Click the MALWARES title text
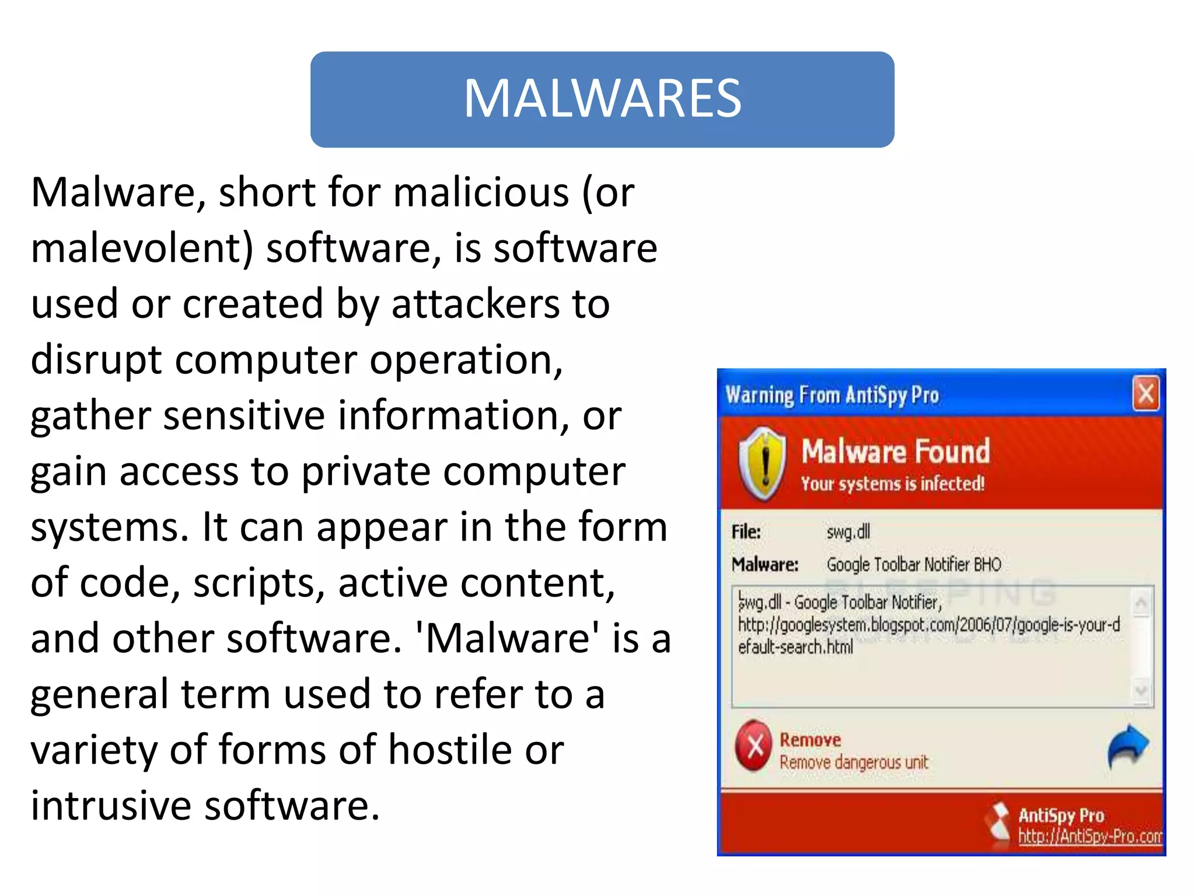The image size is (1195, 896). [602, 99]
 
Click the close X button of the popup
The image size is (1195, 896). [1145, 394]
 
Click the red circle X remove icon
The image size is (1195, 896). [754, 746]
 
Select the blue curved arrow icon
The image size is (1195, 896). [1127, 747]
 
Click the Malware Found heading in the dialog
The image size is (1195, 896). [895, 452]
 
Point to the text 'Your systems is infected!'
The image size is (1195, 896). [892, 484]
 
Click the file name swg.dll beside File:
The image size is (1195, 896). [848, 532]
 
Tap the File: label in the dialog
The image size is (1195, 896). [746, 532]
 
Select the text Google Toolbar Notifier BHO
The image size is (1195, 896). [913, 565]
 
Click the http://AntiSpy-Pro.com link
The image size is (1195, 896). [1089, 836]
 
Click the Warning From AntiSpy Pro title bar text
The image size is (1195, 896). [832, 395]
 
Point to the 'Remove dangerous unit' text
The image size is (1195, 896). [853, 762]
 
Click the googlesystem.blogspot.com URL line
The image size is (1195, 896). [928, 625]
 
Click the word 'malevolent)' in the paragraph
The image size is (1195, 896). [142, 249]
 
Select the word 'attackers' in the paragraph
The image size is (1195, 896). [475, 304]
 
